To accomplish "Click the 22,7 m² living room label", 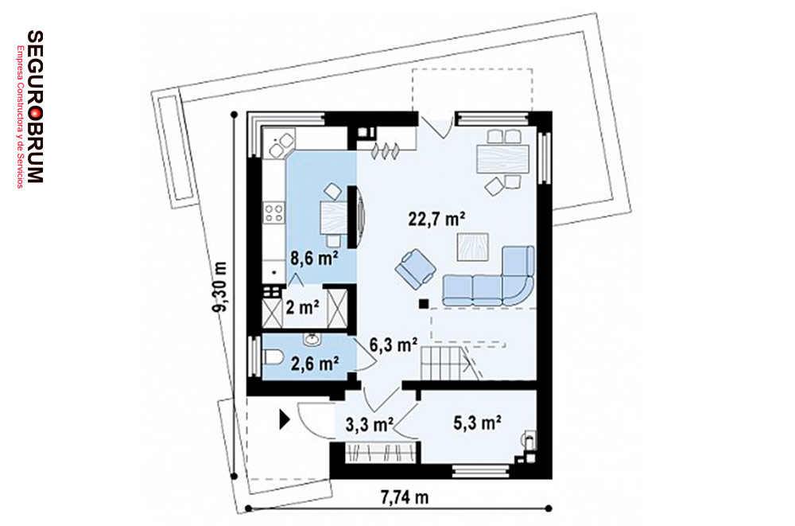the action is click(x=437, y=219).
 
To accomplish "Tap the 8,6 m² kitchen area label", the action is click(x=314, y=258).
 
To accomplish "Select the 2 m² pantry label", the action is click(x=303, y=307).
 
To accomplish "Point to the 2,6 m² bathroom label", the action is click(x=315, y=363).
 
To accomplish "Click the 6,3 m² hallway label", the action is click(x=394, y=345).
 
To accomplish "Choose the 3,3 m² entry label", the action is click(x=370, y=424).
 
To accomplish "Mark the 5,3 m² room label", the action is click(x=478, y=423).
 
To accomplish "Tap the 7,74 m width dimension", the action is click(x=405, y=497).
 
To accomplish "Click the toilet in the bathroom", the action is click(x=273, y=357).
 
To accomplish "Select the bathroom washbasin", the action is click(x=312, y=339).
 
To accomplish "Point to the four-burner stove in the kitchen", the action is click(x=273, y=212).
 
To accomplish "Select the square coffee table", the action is click(x=472, y=247).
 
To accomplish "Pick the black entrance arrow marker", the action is click(x=284, y=419).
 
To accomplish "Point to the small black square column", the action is click(x=423, y=304).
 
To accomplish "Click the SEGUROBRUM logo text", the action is click(x=35, y=107).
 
